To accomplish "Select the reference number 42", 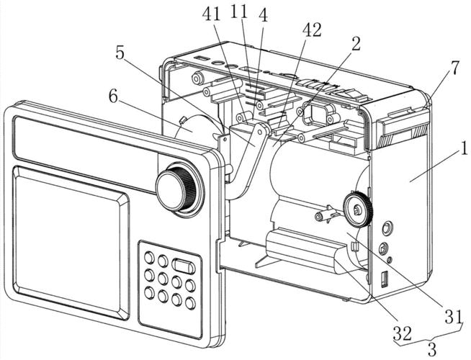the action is click(x=312, y=30).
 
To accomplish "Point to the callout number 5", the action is click(x=120, y=53).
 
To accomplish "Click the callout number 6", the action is click(x=113, y=96).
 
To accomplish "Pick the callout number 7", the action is click(x=454, y=68).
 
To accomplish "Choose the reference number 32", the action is click(x=403, y=333).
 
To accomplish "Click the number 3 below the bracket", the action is click(x=431, y=349).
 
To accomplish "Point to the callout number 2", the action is click(x=356, y=45).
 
